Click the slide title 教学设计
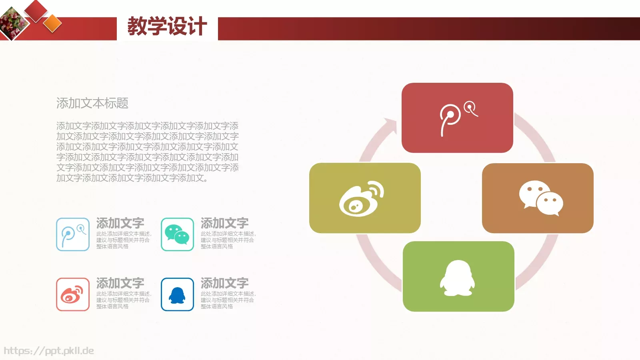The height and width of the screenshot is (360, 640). pos(167,26)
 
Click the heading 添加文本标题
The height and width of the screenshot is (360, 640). pos(92,103)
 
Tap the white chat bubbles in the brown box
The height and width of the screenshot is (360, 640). pos(541,198)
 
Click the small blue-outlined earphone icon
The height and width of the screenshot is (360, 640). pos(73,234)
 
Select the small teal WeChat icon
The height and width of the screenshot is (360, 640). pos(177,234)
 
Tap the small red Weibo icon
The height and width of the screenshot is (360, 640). pos(73,294)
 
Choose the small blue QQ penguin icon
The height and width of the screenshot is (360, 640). pos(177,294)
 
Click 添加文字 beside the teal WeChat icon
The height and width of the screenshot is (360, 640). pos(224,223)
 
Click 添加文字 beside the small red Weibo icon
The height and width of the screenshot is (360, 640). pos(120,283)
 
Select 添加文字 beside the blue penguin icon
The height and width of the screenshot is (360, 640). pos(224,283)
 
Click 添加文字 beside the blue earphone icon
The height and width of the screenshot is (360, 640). pos(120,223)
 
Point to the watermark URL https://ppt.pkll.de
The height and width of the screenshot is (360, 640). pos(49,351)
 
